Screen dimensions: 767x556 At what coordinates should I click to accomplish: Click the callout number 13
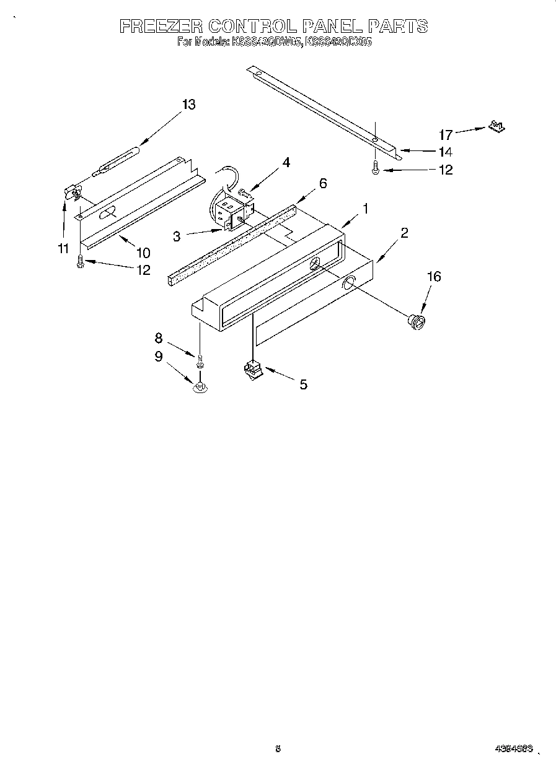tap(188, 105)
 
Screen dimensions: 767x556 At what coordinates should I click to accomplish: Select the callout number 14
tap(444, 152)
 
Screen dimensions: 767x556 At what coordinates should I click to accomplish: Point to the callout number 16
tap(434, 276)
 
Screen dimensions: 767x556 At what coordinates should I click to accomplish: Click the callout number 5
tap(303, 384)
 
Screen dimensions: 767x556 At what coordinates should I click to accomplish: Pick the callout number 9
tap(158, 357)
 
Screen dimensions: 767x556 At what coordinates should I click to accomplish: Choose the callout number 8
tap(158, 338)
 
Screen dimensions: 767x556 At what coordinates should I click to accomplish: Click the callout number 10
tap(143, 253)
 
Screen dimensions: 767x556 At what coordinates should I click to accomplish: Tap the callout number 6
tap(322, 183)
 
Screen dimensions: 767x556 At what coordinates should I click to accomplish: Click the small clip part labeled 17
tap(495, 126)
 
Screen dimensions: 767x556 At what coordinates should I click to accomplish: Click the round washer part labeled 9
tap(200, 388)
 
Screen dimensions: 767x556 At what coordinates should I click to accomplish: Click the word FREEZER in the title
tap(160, 26)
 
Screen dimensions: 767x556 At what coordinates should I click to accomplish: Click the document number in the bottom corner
tap(514, 748)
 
